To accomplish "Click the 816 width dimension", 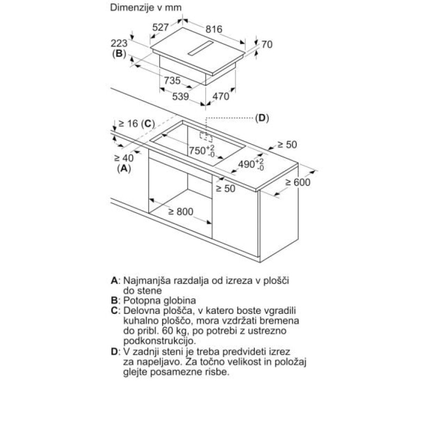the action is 214,29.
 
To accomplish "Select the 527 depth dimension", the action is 161,27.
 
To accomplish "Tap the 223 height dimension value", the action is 119,43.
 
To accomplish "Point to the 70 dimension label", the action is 267,44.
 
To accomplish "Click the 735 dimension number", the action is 172,80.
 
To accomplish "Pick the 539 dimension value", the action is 180,97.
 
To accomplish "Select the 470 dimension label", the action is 221,97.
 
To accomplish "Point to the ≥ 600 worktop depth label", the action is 298,182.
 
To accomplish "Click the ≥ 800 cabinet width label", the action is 181,212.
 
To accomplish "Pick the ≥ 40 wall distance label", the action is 124,158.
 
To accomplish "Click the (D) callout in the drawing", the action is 262,118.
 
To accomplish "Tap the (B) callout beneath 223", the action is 119,53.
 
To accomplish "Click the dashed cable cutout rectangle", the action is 206,137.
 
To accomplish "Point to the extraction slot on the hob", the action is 201,49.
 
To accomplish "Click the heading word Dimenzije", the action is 132,8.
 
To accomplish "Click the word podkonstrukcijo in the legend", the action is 160,341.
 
